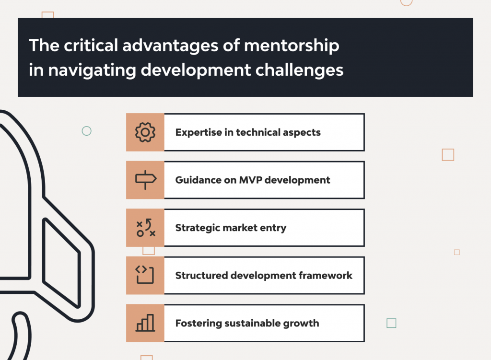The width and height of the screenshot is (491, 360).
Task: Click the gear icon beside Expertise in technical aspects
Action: coord(145,132)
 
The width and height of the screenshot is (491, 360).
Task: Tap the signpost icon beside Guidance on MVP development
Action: coord(145,180)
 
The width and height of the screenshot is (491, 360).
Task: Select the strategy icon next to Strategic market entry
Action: coord(145,227)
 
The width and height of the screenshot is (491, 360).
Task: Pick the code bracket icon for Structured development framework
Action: coord(145,275)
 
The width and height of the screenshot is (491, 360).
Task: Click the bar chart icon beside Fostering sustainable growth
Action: coord(145,323)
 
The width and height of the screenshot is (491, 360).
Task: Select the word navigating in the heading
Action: coord(92,70)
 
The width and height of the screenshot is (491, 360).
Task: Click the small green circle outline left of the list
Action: coord(87,131)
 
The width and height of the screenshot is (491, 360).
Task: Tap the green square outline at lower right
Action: coord(391,323)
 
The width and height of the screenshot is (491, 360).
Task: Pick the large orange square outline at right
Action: coord(448,155)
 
